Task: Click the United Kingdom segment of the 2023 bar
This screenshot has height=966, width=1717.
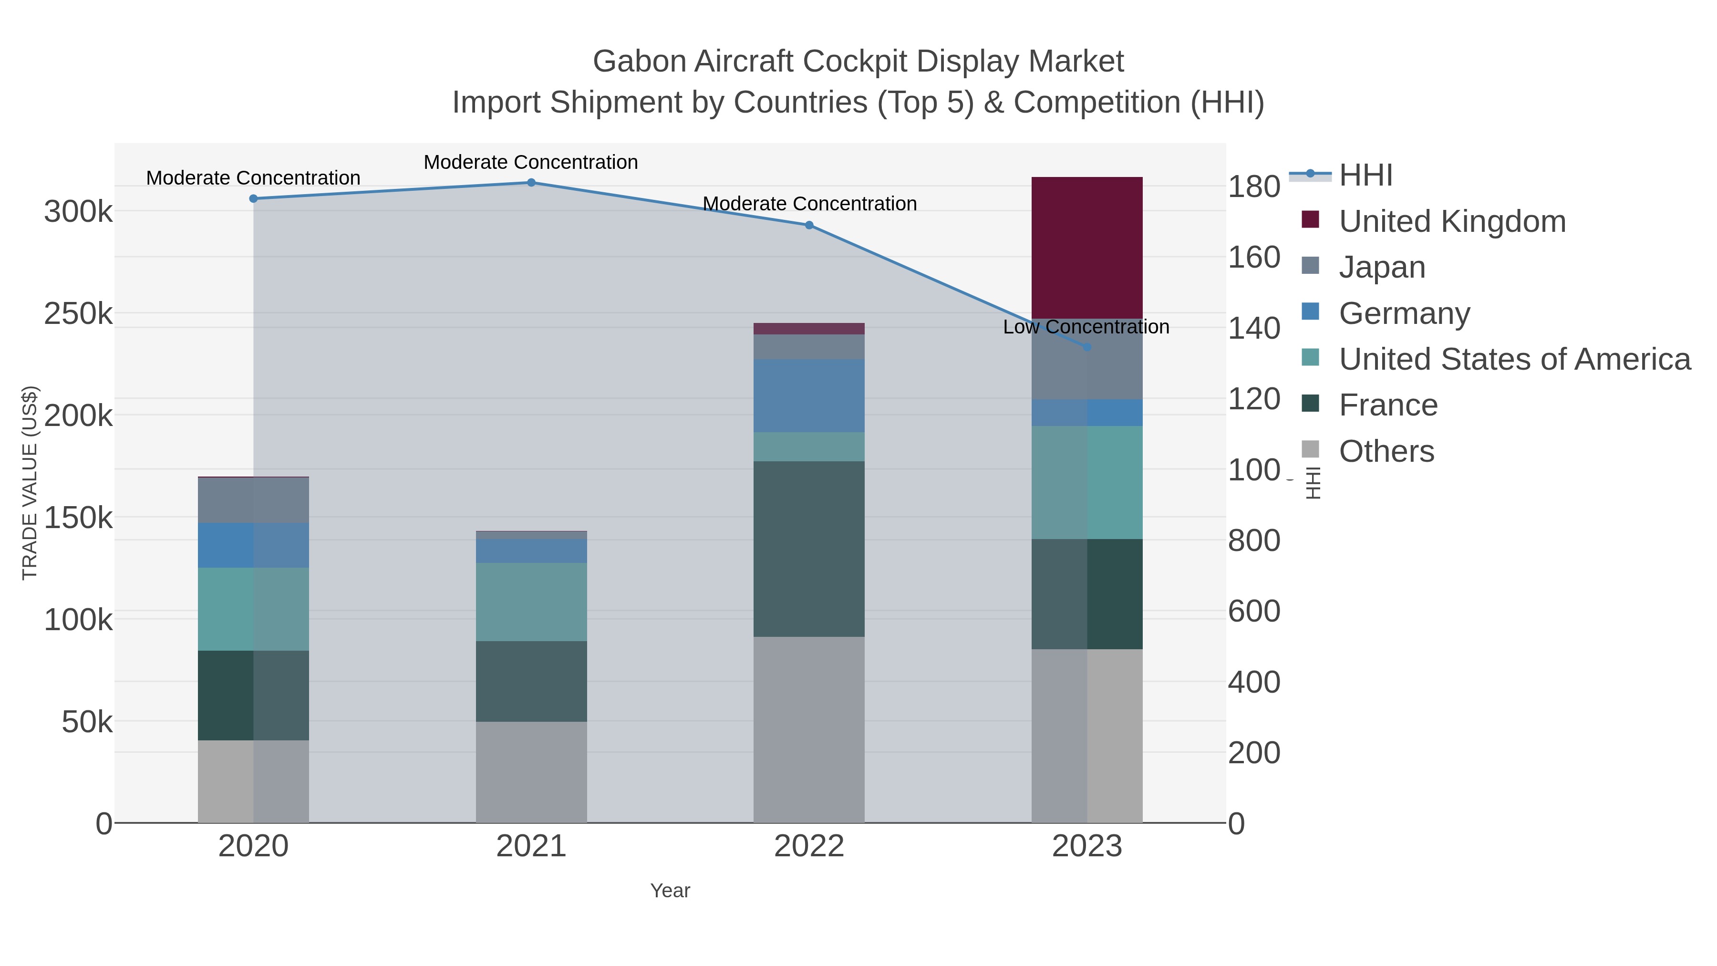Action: click(1086, 248)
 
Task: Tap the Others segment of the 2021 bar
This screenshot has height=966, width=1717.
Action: click(531, 772)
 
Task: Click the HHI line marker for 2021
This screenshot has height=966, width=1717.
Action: click(531, 183)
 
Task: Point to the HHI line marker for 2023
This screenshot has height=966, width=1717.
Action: click(1086, 347)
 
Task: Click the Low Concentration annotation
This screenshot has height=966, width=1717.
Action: click(1086, 327)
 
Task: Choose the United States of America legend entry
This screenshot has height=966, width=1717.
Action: click(1514, 359)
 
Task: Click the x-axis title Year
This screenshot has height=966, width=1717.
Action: click(670, 891)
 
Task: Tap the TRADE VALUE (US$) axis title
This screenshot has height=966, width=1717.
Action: click(30, 483)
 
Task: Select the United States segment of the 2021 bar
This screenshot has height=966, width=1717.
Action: click(531, 602)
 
